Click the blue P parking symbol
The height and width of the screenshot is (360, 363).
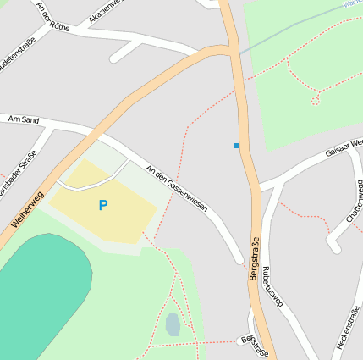pyautogui.click(x=103, y=205)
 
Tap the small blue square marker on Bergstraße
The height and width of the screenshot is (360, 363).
pyautogui.click(x=237, y=146)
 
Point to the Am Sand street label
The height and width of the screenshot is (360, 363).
pyautogui.click(x=23, y=120)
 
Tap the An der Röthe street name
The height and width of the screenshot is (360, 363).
pyautogui.click(x=53, y=14)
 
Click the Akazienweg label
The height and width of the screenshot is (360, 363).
pyautogui.click(x=105, y=12)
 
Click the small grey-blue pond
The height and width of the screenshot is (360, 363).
pyautogui.click(x=173, y=324)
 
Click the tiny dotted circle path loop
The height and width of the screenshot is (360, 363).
pyautogui.click(x=316, y=101)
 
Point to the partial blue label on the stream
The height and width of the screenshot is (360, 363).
pyautogui.click(x=355, y=3)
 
